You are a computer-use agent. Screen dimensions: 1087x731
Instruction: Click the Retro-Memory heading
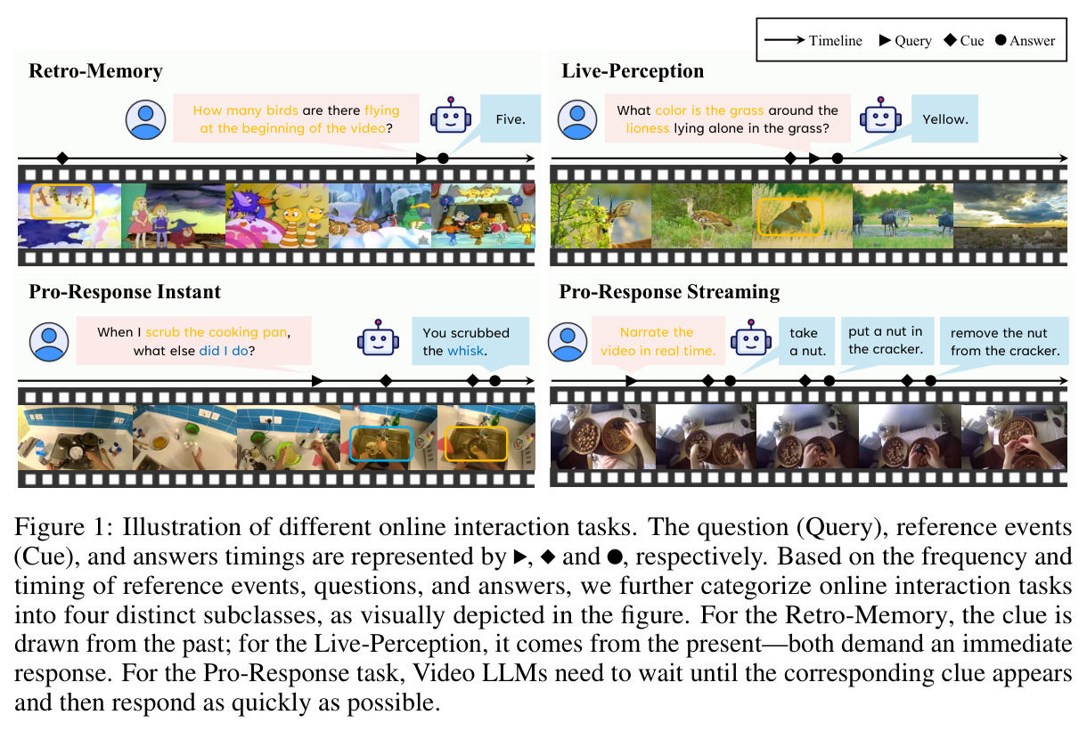(95, 71)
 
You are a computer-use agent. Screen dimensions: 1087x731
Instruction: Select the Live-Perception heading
(633, 71)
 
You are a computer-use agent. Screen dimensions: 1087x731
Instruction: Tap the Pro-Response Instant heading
(125, 292)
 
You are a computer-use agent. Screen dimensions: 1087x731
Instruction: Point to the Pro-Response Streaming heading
(669, 292)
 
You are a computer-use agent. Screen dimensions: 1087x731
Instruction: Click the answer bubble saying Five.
(511, 118)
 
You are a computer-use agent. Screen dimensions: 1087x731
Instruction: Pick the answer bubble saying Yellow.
(944, 118)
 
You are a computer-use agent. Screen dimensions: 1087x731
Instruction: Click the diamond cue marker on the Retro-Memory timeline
(62, 158)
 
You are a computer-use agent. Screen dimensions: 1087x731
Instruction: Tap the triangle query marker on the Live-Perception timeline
(814, 158)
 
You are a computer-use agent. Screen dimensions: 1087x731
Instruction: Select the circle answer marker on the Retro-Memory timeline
(443, 158)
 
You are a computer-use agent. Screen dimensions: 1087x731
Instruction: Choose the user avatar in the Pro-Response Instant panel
(49, 342)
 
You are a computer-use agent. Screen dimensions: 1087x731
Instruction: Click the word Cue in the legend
(972, 41)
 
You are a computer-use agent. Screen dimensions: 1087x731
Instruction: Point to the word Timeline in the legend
(835, 41)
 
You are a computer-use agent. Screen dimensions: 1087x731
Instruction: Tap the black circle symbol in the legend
(1001, 40)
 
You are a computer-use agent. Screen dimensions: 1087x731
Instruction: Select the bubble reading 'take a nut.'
(807, 341)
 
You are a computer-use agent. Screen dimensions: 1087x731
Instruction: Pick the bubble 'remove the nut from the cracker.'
(1004, 341)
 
